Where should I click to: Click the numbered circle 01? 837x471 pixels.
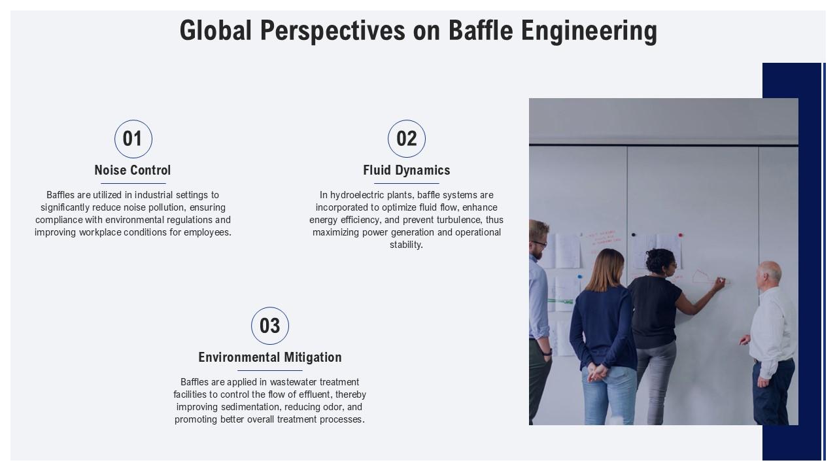pos(133,139)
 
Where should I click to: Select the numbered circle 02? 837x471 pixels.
pos(407,139)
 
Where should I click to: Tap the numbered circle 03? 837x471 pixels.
pos(270,326)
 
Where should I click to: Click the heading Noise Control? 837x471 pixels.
pos(133,170)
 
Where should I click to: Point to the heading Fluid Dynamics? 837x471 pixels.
pos(407,170)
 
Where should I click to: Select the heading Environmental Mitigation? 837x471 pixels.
pos(270,357)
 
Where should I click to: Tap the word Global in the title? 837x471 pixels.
pos(216,31)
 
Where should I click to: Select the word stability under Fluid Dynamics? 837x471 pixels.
pos(406,245)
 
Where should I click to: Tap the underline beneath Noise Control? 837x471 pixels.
pos(133,183)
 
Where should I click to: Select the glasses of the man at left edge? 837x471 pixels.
pos(540,243)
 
